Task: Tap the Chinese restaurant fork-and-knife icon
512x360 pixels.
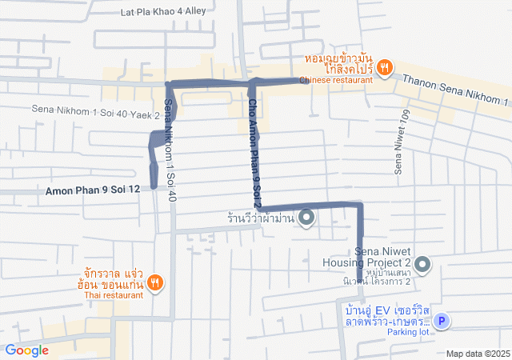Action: (384, 68)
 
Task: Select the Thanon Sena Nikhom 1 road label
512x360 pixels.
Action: (455, 90)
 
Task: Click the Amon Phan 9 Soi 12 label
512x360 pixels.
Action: (93, 190)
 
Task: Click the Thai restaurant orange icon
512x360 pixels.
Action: (155, 282)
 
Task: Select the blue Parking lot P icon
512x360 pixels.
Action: (441, 322)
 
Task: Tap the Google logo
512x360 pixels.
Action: (26, 350)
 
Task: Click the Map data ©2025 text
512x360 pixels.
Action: (478, 354)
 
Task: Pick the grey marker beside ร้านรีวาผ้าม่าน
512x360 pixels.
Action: (306, 218)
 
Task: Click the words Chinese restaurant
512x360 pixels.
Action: (336, 80)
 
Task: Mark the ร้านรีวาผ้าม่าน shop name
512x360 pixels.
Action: (259, 218)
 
